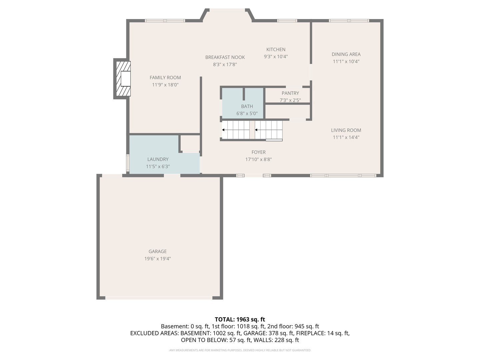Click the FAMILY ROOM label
(165, 78)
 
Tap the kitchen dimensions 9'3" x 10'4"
(276, 57)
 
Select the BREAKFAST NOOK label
(225, 57)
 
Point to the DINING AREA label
(346, 54)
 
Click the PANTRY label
(290, 93)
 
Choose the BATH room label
(247, 106)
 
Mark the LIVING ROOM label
(346, 130)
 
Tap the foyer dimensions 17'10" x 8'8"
(258, 159)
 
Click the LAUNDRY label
(158, 159)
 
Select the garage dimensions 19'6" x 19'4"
(157, 259)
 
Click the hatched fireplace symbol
(123, 79)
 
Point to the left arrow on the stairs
(236, 130)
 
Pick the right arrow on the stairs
(269, 130)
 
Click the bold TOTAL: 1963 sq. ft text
(240, 319)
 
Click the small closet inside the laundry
(190, 143)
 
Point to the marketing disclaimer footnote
(240, 350)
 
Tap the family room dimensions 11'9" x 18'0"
(165, 85)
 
